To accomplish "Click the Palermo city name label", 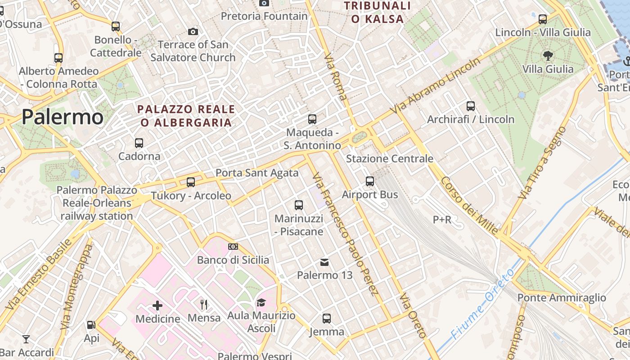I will [62, 117].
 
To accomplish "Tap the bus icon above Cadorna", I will [139, 143].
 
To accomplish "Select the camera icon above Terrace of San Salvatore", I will [193, 31].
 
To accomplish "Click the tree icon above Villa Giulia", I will [548, 56].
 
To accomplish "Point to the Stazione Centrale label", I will [389, 159].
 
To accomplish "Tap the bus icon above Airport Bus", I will [370, 181].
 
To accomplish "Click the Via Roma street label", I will [336, 76].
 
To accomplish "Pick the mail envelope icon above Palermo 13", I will [324, 262].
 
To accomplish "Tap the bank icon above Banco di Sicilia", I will [233, 247].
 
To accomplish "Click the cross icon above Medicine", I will [157, 306].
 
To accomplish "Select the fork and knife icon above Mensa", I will [204, 305].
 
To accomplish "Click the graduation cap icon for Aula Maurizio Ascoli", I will [261, 302].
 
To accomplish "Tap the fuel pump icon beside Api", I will [91, 325].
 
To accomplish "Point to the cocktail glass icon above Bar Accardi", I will [27, 339].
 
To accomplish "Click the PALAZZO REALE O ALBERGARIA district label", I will [186, 116].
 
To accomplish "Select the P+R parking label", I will [442, 220].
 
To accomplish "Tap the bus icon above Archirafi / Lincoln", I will [471, 106].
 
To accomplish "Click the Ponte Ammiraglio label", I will [562, 297].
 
